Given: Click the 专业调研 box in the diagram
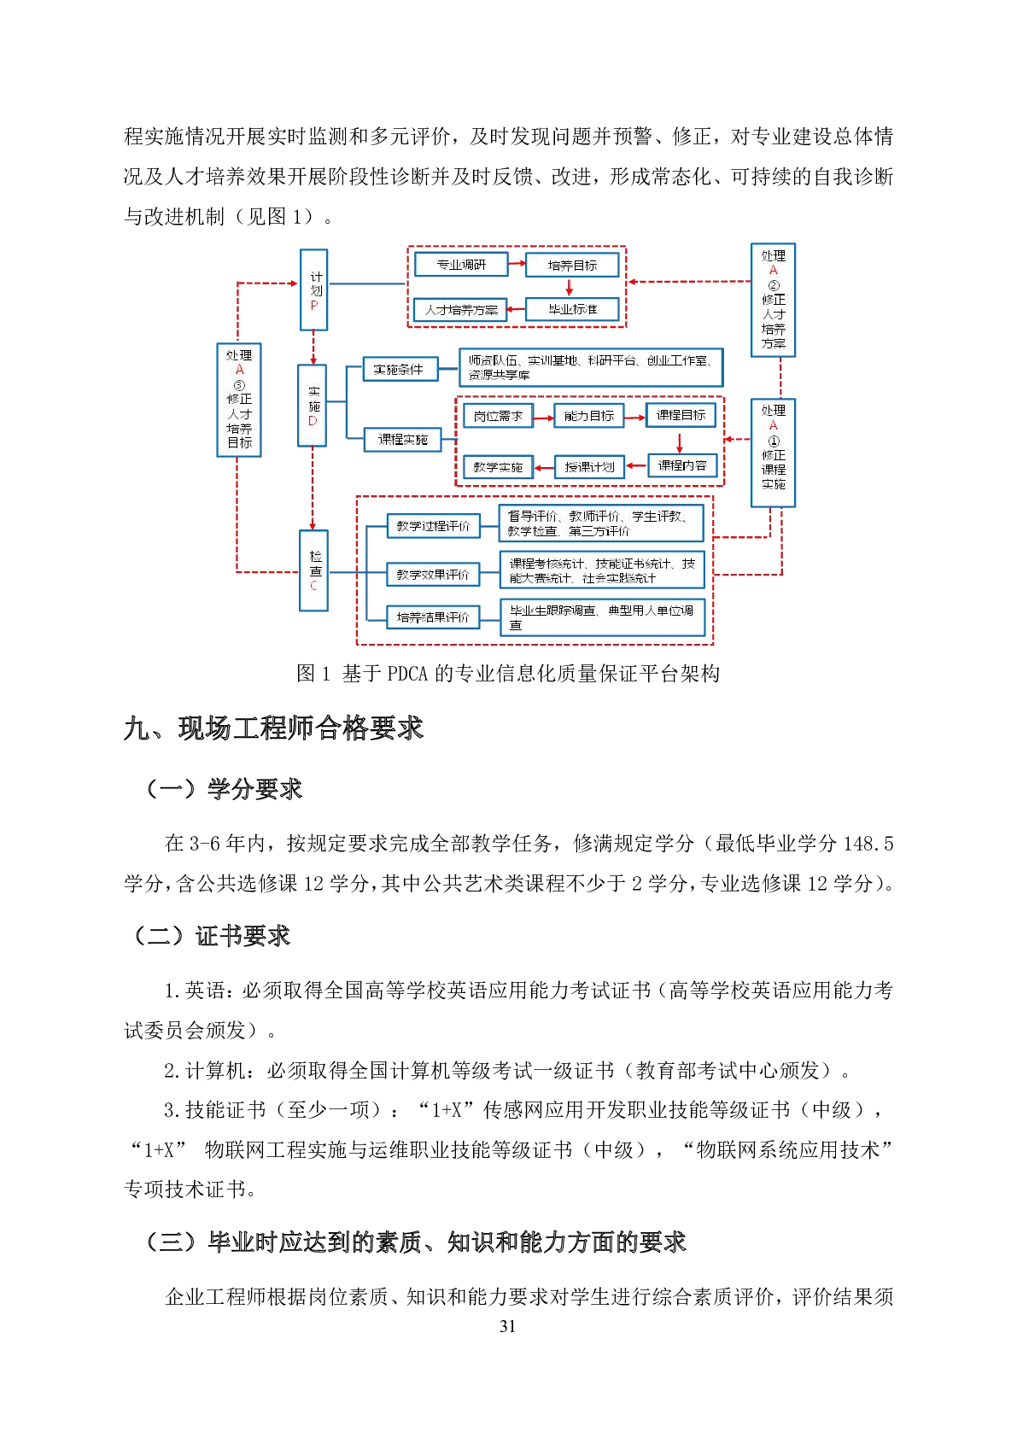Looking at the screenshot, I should (x=461, y=265).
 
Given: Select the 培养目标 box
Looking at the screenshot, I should (x=572, y=266).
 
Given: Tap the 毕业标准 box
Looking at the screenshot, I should (x=572, y=309).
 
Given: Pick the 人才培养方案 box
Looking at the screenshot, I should (x=461, y=310).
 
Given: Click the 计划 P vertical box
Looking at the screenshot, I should (x=314, y=289).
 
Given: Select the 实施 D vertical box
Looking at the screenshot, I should (x=313, y=406).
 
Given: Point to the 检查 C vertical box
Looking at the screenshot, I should (x=314, y=570).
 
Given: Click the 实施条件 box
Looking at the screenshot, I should (x=400, y=370).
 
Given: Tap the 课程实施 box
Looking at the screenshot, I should (x=403, y=440).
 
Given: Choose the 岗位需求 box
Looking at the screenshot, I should (x=498, y=416).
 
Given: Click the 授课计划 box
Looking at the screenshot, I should (x=590, y=467).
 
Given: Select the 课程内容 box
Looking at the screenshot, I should (x=681, y=465).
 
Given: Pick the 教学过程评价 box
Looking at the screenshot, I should (x=433, y=526).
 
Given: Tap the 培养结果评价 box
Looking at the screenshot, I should (x=433, y=617).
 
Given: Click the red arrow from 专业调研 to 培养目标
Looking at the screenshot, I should (x=517, y=265).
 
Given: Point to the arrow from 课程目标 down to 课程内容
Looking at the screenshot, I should (x=680, y=442).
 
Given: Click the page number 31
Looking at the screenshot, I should (x=508, y=1326).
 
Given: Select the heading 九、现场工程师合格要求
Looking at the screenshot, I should (x=274, y=728).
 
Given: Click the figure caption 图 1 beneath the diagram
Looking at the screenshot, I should (x=508, y=674).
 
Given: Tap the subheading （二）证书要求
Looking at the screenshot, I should (x=212, y=936).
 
